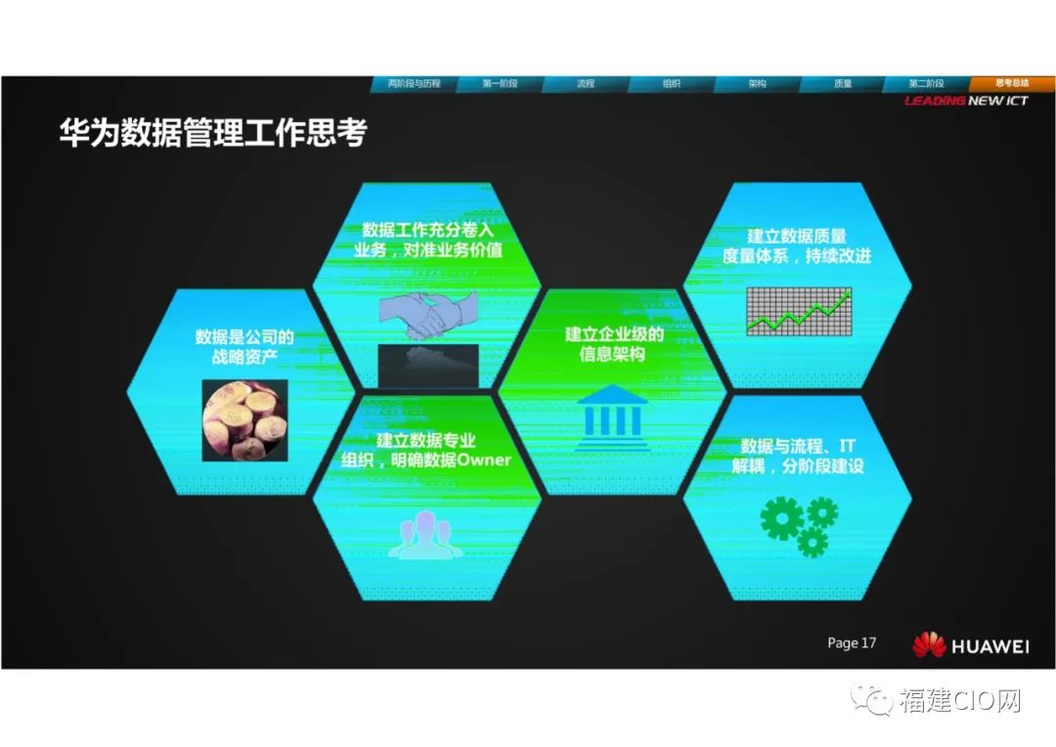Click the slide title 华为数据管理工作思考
pyautogui.click(x=213, y=132)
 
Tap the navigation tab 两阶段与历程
pyautogui.click(x=414, y=83)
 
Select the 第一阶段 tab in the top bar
pyautogui.click(x=500, y=83)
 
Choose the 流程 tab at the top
pyautogui.click(x=586, y=83)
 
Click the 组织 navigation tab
pyautogui.click(x=671, y=83)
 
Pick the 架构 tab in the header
pyautogui.click(x=757, y=83)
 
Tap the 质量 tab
pyautogui.click(x=843, y=83)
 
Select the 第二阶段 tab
pyautogui.click(x=927, y=83)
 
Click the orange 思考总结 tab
pyautogui.click(x=1012, y=83)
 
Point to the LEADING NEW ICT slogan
pyautogui.click(x=966, y=101)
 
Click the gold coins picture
pyautogui.click(x=245, y=420)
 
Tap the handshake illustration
pyautogui.click(x=429, y=315)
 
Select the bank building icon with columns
pyautogui.click(x=612, y=417)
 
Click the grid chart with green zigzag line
pyautogui.click(x=799, y=311)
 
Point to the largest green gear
pyautogui.click(x=782, y=518)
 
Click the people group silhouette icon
pyautogui.click(x=425, y=535)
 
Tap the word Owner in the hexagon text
pyautogui.click(x=484, y=461)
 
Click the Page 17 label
pyautogui.click(x=852, y=642)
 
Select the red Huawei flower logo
pyautogui.click(x=930, y=644)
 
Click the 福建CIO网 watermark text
pyautogui.click(x=960, y=701)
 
